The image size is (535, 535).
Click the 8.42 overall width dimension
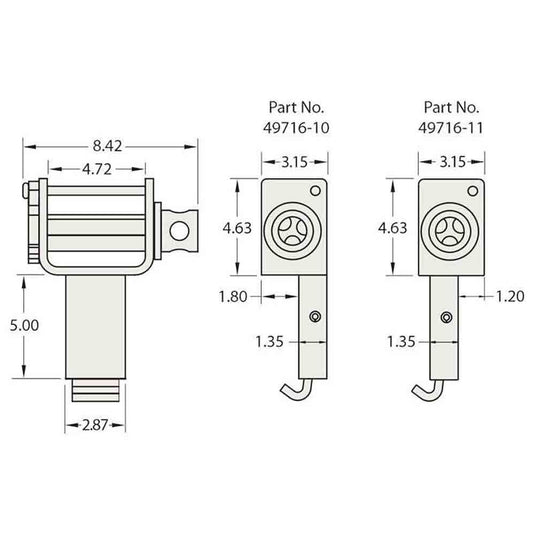107,146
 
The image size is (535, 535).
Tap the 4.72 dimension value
97,169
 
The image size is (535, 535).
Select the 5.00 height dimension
24,326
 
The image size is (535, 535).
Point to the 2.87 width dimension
95,425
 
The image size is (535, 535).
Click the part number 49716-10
296,128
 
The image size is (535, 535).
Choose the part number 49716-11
451,128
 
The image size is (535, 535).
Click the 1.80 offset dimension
233,297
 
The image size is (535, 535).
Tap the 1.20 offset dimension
510,297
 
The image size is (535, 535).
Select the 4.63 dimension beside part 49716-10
237,228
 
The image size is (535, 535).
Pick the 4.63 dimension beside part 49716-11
393,228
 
